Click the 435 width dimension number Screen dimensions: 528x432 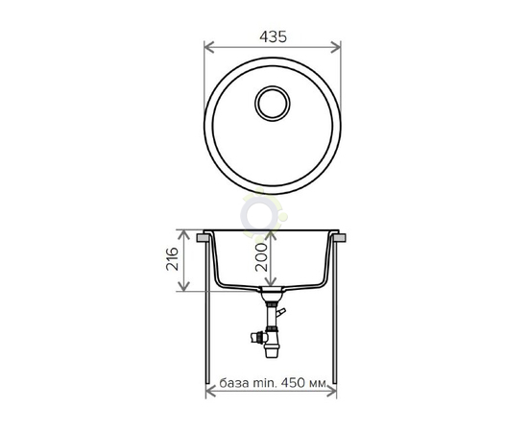click(x=273, y=37)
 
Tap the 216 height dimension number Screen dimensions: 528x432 click(x=172, y=258)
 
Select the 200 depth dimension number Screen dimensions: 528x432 click(x=261, y=257)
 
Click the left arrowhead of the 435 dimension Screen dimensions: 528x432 click(x=209, y=47)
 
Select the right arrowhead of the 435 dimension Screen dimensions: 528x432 click(x=336, y=47)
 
